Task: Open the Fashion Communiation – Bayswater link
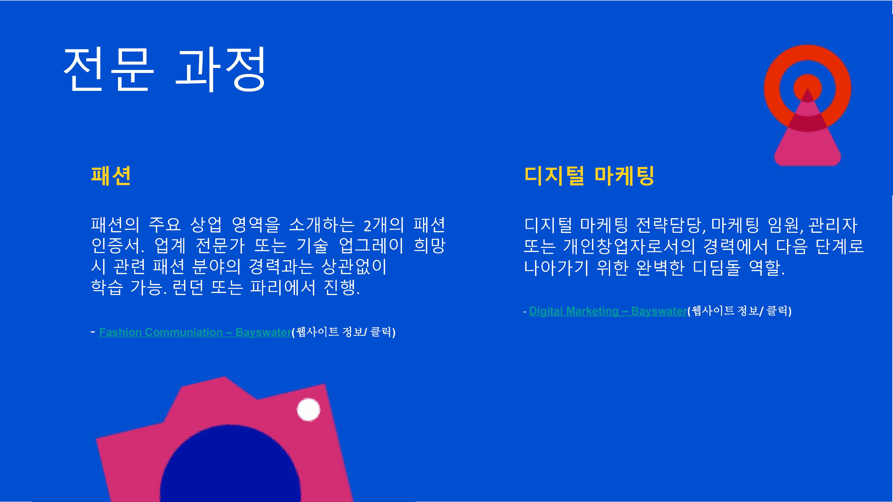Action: pos(195,332)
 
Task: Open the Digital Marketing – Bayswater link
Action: pos(608,311)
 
